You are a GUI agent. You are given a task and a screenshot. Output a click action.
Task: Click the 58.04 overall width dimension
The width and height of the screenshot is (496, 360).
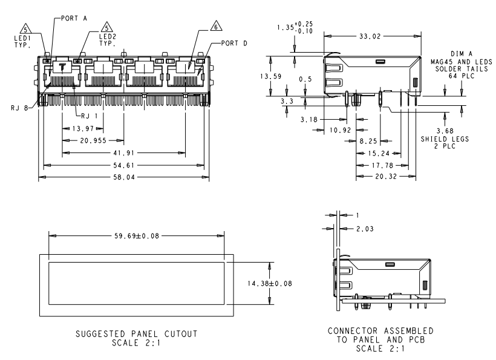pyautogui.click(x=124, y=177)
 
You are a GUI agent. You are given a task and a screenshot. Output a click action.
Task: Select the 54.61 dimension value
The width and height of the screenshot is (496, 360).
pyautogui.click(x=124, y=165)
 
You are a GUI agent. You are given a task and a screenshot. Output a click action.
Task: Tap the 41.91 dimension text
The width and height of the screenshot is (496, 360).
pyautogui.click(x=124, y=152)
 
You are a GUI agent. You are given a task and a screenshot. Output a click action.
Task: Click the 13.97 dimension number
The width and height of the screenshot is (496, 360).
pyautogui.click(x=82, y=129)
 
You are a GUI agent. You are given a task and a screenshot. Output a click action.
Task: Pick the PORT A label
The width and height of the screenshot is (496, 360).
pyautogui.click(x=74, y=18)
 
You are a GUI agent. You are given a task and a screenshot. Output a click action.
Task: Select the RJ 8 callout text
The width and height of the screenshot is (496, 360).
pyautogui.click(x=19, y=108)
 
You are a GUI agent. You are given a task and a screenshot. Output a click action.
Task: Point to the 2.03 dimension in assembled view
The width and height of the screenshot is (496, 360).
pyautogui.click(x=362, y=227)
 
